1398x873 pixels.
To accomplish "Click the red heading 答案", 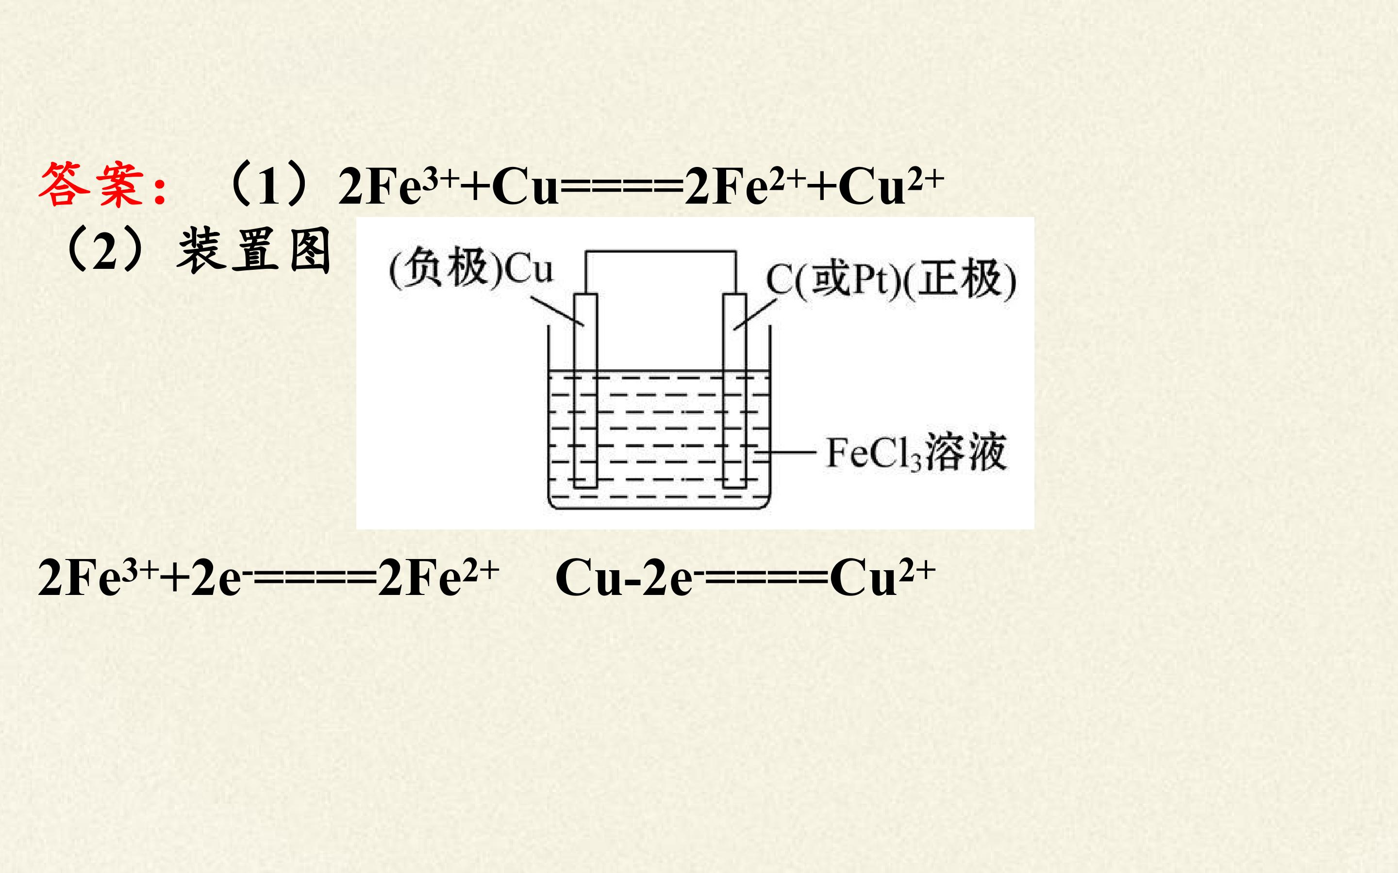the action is click(91, 185).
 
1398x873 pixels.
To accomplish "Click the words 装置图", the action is click(254, 250).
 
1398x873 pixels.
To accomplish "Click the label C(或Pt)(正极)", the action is click(891, 280).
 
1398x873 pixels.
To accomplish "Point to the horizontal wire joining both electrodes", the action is click(661, 252).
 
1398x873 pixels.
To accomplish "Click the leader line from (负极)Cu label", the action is click(557, 312).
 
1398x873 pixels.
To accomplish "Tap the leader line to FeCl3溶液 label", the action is click(786, 453).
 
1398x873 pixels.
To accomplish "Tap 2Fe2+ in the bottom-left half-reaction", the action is click(439, 577).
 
